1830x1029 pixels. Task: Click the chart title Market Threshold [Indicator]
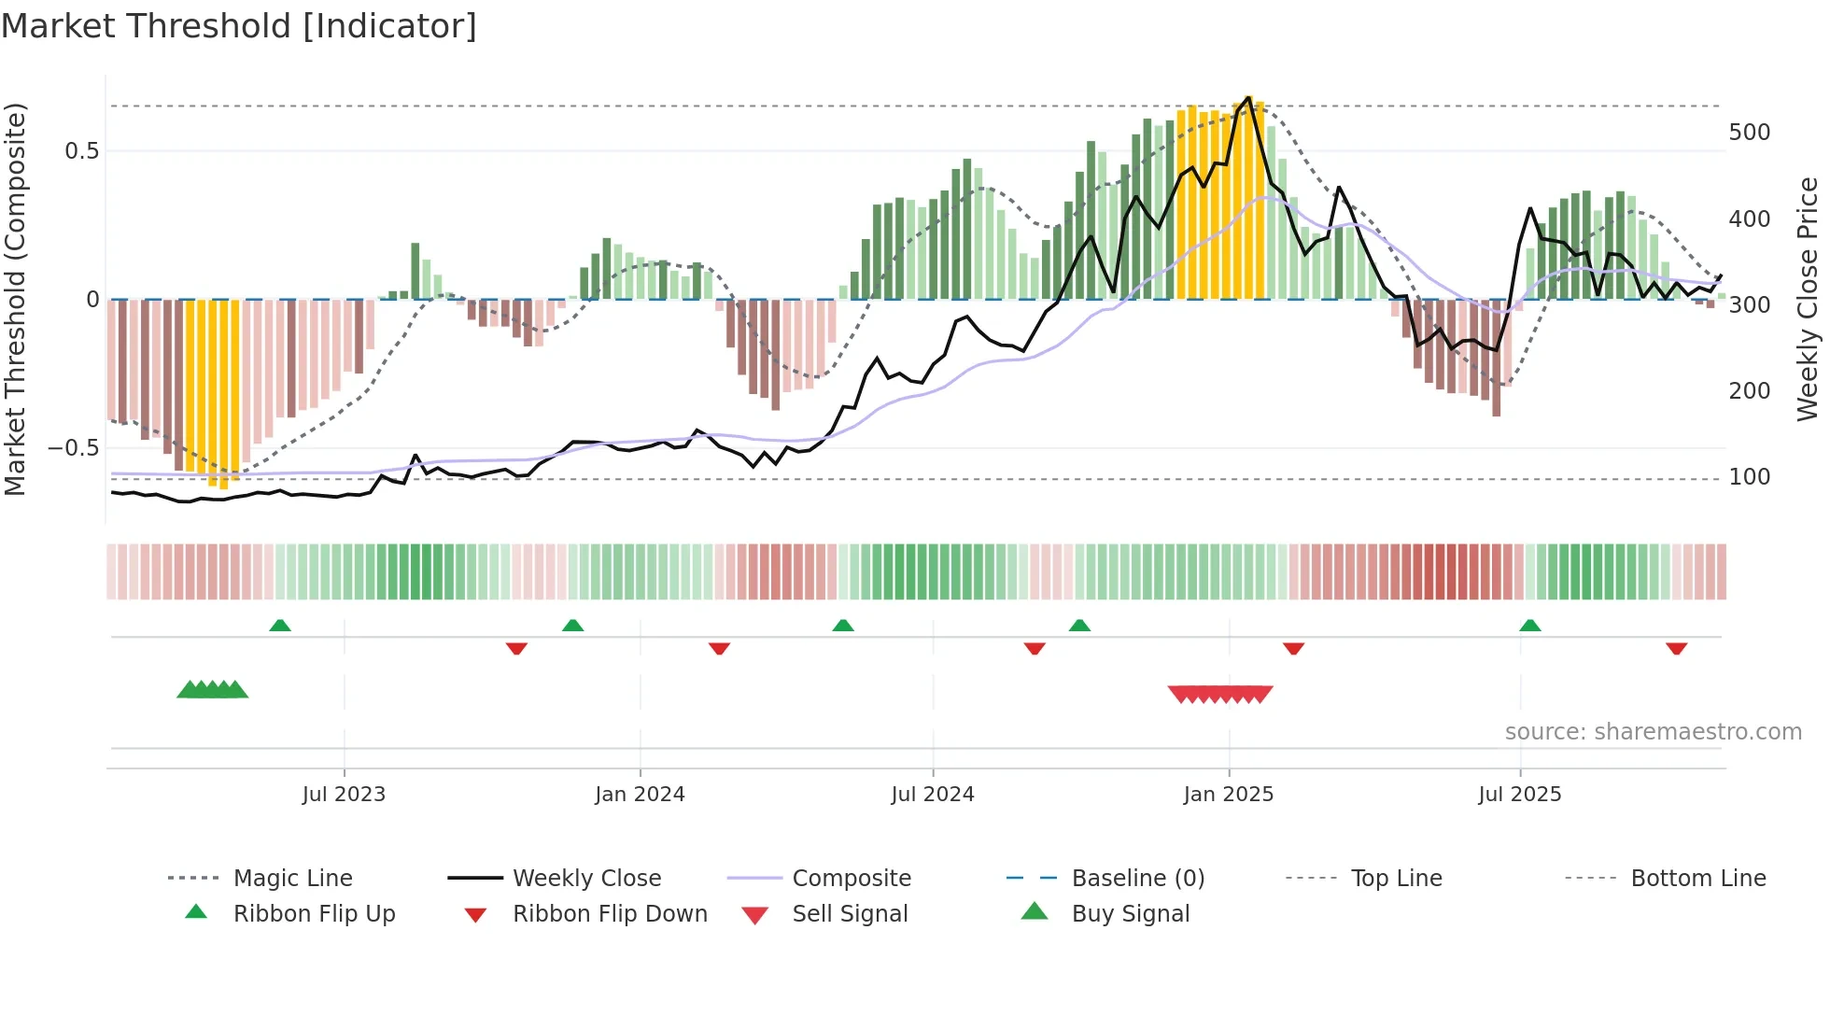click(x=239, y=26)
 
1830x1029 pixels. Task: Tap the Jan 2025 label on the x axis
click(x=1228, y=795)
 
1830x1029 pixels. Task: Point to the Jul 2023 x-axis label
click(x=344, y=795)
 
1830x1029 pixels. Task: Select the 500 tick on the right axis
click(x=1749, y=133)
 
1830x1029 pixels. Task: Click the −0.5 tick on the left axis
click(x=74, y=448)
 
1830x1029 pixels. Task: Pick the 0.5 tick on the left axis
click(x=81, y=151)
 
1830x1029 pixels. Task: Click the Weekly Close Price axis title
click(x=1808, y=299)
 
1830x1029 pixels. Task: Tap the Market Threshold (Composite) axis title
click(x=15, y=299)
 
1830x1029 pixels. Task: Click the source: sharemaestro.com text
click(x=1653, y=732)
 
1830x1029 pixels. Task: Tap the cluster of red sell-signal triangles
click(x=1220, y=694)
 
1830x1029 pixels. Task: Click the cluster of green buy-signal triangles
click(x=213, y=690)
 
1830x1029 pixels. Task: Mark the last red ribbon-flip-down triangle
click(x=1676, y=648)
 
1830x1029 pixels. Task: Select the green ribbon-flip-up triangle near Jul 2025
click(x=1529, y=626)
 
